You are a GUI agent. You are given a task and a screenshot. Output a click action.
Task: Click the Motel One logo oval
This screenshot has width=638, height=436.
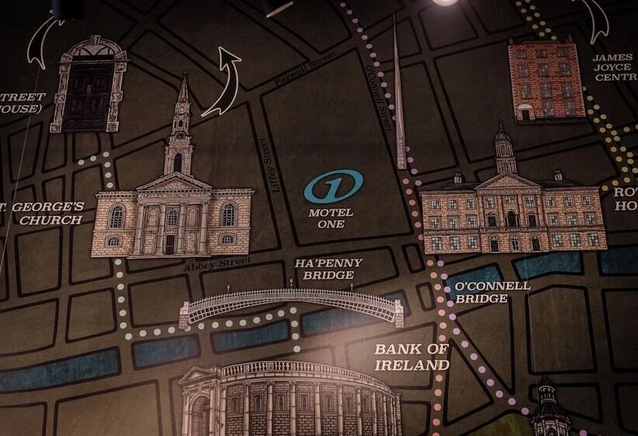(334, 187)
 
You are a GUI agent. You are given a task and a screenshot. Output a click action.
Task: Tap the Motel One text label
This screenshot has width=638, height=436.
(331, 218)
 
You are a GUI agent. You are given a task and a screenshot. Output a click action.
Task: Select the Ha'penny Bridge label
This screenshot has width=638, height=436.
(328, 269)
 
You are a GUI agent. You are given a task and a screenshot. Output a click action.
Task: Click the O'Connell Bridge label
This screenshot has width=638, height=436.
(493, 292)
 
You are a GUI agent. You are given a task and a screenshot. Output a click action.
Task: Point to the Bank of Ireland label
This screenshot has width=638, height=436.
(412, 357)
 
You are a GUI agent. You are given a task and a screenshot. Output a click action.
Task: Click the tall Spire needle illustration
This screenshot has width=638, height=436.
(398, 101)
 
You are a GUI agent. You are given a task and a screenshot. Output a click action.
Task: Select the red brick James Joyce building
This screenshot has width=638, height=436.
(546, 79)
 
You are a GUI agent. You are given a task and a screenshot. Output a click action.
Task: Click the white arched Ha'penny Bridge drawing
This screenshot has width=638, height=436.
(292, 304)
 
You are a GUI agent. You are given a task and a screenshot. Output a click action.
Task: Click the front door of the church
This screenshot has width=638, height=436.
(170, 244)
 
